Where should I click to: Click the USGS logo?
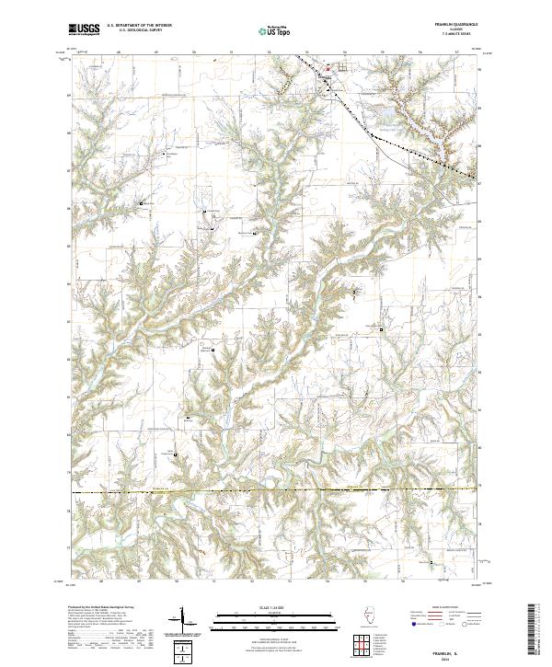pos(85,30)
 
